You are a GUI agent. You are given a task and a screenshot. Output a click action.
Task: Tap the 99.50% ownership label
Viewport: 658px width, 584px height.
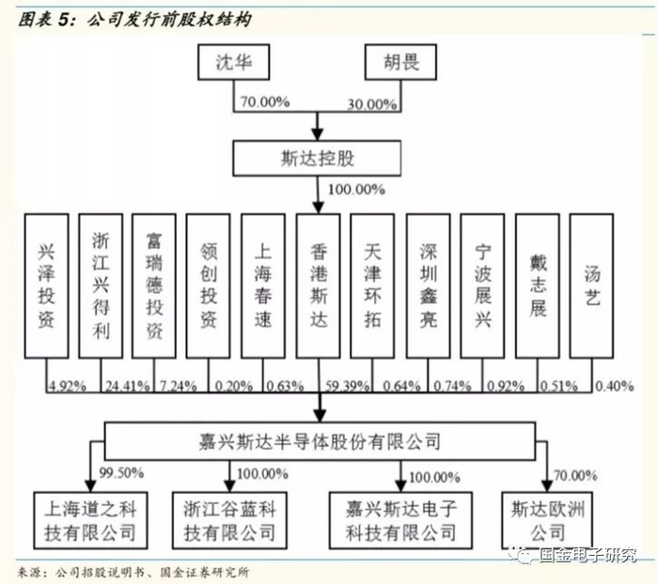coord(118,475)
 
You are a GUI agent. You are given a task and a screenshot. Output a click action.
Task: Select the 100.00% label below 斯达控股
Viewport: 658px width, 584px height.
coord(356,189)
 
